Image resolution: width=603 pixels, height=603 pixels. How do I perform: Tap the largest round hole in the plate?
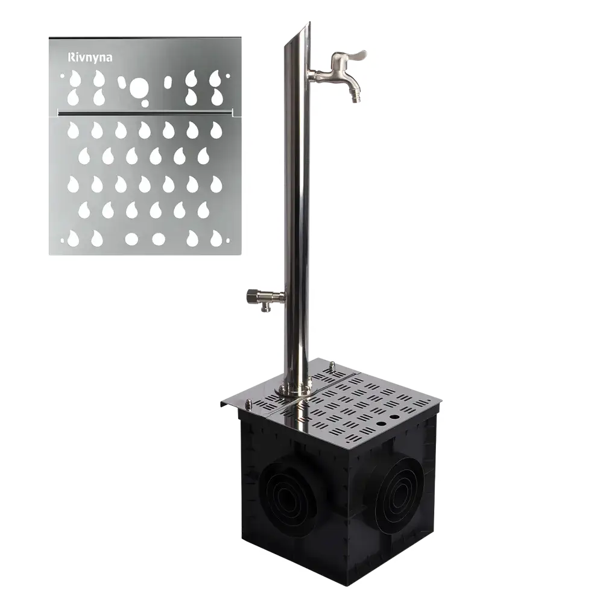138,87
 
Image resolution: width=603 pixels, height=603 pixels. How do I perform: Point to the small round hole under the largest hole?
145,103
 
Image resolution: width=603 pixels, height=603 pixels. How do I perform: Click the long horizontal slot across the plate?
145,113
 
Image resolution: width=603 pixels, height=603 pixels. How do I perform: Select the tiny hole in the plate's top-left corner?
62,76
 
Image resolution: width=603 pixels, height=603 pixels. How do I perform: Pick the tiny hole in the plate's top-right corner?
228,76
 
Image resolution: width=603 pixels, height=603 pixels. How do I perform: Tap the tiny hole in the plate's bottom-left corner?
62,241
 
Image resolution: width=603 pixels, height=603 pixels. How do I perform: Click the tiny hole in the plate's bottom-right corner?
228,241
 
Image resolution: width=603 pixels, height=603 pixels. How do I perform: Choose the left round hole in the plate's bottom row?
131,239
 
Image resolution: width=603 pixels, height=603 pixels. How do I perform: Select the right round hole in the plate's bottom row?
159,239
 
